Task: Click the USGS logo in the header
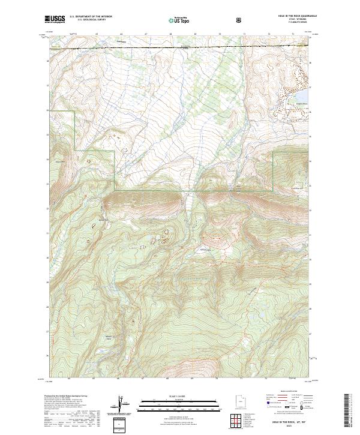55,20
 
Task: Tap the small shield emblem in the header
240,20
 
